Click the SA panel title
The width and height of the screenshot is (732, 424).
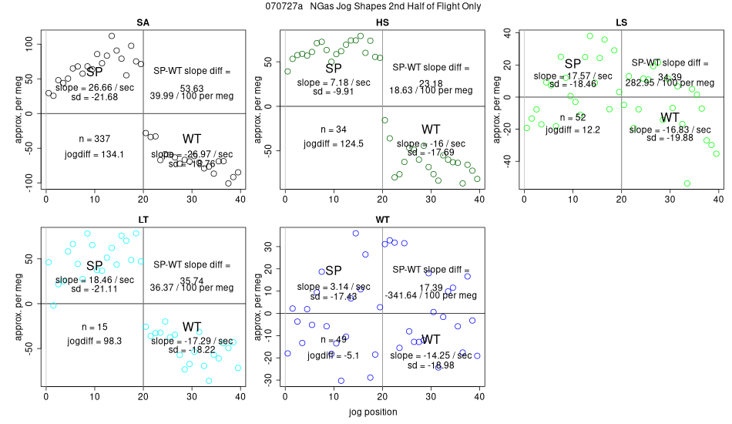[143, 22]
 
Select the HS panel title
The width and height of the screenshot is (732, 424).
[381, 22]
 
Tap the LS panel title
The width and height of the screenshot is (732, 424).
[621, 22]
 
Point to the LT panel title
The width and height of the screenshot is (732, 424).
[143, 219]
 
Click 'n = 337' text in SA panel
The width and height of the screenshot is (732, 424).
[95, 139]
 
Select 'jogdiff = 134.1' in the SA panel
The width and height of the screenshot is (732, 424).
[94, 154]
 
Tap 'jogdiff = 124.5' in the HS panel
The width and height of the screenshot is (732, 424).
[333, 143]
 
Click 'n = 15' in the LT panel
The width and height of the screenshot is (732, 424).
[95, 325]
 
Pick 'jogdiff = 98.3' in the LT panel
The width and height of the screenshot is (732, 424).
[94, 341]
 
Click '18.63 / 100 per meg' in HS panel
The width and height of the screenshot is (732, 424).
[430, 90]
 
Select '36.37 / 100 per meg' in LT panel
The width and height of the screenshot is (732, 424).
[193, 287]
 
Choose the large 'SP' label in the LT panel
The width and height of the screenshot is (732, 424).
[94, 266]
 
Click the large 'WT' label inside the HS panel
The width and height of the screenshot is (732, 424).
[431, 129]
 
